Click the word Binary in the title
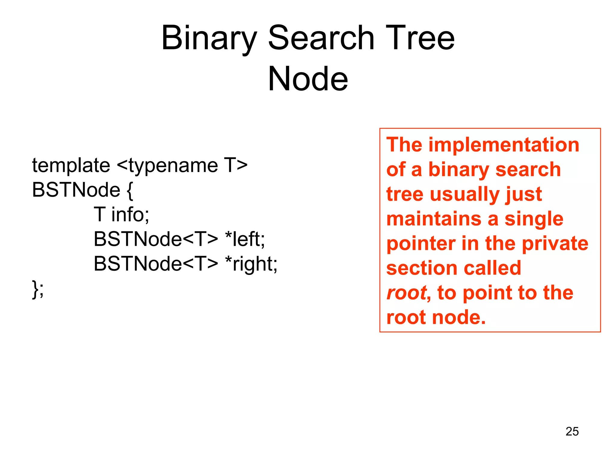(209, 38)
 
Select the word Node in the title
(308, 79)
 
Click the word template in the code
(71, 166)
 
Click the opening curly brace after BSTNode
(130, 191)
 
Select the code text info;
(130, 215)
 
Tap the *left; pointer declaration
(245, 239)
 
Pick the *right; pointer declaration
(251, 264)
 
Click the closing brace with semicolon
(38, 289)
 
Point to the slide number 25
(572, 431)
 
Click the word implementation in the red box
(504, 145)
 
